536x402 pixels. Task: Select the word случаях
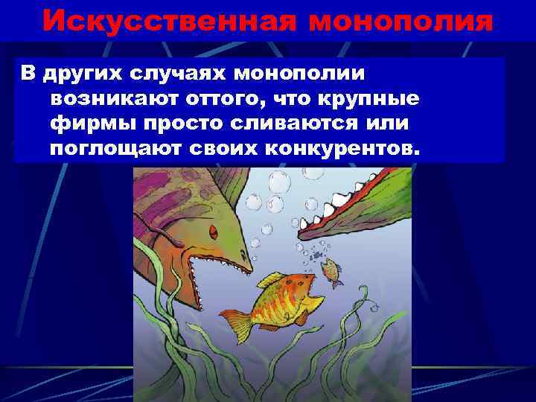click(176, 74)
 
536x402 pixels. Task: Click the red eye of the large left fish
click(214, 226)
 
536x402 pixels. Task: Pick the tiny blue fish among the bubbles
click(316, 255)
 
